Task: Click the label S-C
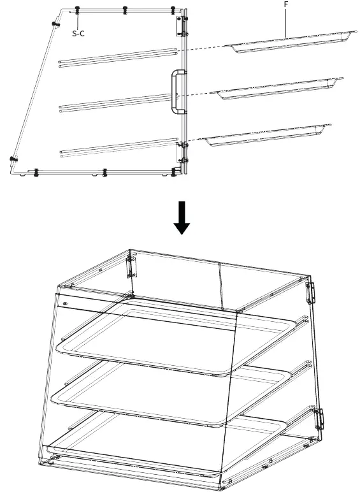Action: [x=78, y=33]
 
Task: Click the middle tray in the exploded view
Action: [x=277, y=89]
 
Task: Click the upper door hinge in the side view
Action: [x=180, y=25]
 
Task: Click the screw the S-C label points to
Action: [x=77, y=10]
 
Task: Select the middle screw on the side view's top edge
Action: [x=124, y=11]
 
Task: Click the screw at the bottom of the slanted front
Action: [x=13, y=159]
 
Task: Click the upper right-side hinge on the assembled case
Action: [x=312, y=293]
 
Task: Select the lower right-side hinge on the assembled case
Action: [x=319, y=418]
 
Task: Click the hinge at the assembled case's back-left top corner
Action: [x=132, y=265]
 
